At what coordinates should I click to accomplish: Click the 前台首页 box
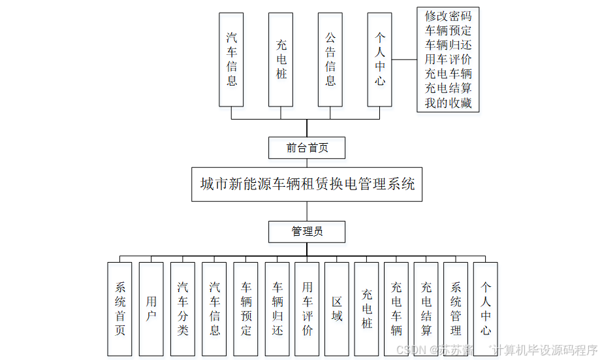click(307, 148)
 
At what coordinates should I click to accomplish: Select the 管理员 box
click(307, 232)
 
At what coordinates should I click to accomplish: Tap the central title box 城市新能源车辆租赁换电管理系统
click(307, 184)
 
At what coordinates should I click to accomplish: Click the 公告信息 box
click(330, 59)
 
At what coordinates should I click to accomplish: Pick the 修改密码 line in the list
click(448, 16)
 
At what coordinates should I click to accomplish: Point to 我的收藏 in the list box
click(448, 103)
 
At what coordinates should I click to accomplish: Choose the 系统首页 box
click(119, 308)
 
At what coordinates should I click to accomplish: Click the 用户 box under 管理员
click(151, 308)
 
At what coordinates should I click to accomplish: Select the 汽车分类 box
click(183, 308)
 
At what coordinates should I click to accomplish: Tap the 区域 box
click(337, 308)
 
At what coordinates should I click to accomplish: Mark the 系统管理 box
click(456, 308)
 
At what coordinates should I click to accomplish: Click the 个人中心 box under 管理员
click(485, 308)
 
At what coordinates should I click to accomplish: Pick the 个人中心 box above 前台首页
click(380, 59)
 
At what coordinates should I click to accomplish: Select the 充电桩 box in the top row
click(281, 59)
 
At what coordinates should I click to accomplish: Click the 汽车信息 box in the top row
click(231, 59)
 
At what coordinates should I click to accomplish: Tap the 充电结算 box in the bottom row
click(426, 308)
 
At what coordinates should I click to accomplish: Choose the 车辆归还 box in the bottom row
click(277, 308)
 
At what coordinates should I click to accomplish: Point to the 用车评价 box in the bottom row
click(307, 308)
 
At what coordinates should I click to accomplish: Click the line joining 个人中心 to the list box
click(405, 59)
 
